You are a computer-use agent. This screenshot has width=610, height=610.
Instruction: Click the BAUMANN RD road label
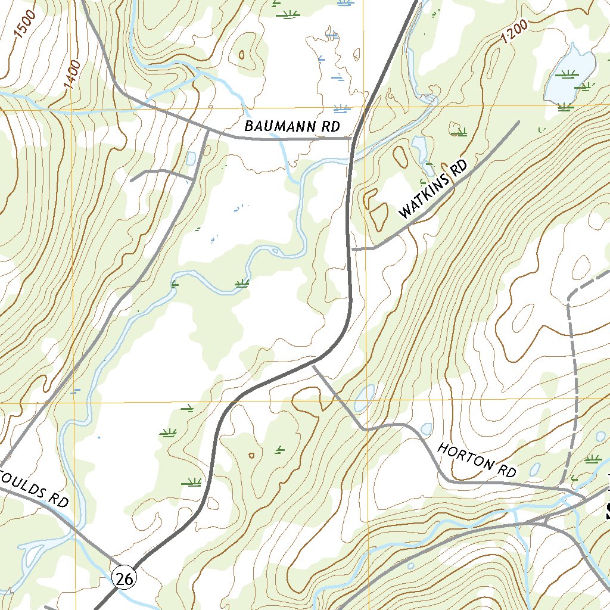coord(292,127)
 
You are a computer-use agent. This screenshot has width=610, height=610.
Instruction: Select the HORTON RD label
coord(477,460)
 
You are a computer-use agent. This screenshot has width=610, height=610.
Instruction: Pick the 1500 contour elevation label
coord(25,24)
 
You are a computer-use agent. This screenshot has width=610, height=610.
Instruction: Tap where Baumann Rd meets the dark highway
coord(353,138)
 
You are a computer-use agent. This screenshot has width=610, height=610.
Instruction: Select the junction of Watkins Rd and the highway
coord(351,248)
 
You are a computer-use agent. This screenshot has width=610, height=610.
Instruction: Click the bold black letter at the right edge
coord(606,509)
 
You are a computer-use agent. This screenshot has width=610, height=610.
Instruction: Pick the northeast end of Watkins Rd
coord(518,122)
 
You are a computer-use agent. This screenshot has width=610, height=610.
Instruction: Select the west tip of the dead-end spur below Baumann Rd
coord(132,179)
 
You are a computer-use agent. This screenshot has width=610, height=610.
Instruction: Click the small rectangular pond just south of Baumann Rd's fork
coord(191,158)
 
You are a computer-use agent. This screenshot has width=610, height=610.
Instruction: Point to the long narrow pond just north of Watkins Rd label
coord(420,149)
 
